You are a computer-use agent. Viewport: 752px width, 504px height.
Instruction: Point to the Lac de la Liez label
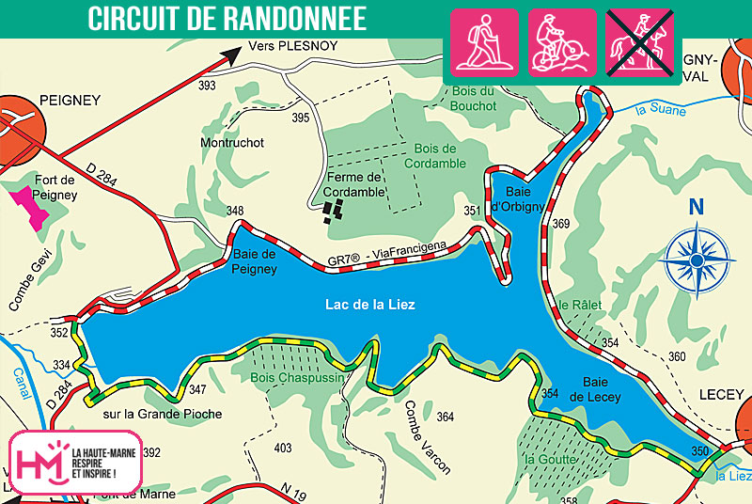[x=369, y=305]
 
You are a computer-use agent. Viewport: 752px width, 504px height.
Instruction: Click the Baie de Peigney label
[x=255, y=261]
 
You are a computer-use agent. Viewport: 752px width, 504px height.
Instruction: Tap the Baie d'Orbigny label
[x=518, y=194]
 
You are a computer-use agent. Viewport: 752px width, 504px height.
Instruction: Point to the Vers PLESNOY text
[x=292, y=45]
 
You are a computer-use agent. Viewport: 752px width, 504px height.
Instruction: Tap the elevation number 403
[x=282, y=449]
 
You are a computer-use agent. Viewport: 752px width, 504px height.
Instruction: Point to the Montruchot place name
[x=232, y=143]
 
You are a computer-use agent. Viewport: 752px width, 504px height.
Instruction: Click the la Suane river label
[x=661, y=111]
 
